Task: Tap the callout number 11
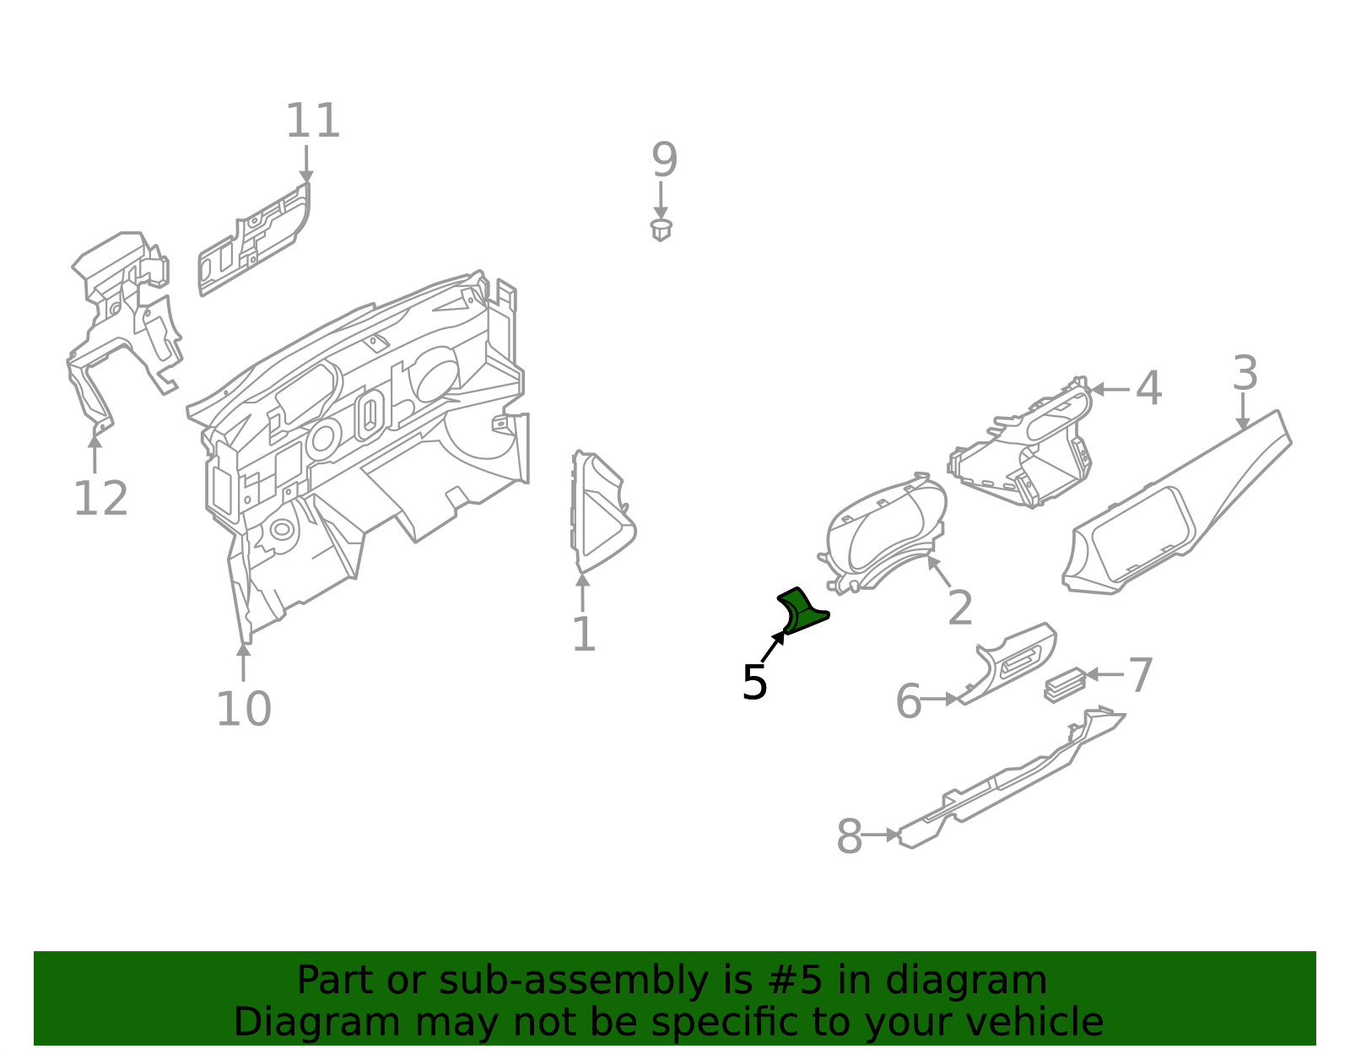(312, 122)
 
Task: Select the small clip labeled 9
(661, 229)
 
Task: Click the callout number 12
(100, 499)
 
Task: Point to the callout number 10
(243, 709)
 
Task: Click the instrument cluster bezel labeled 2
(886, 532)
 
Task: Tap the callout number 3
(1245, 373)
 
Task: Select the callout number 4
(1147, 389)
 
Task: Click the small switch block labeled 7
(1065, 684)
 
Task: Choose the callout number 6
(908, 702)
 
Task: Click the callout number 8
(849, 837)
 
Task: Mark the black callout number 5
(754, 683)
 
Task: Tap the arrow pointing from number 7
(1104, 674)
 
